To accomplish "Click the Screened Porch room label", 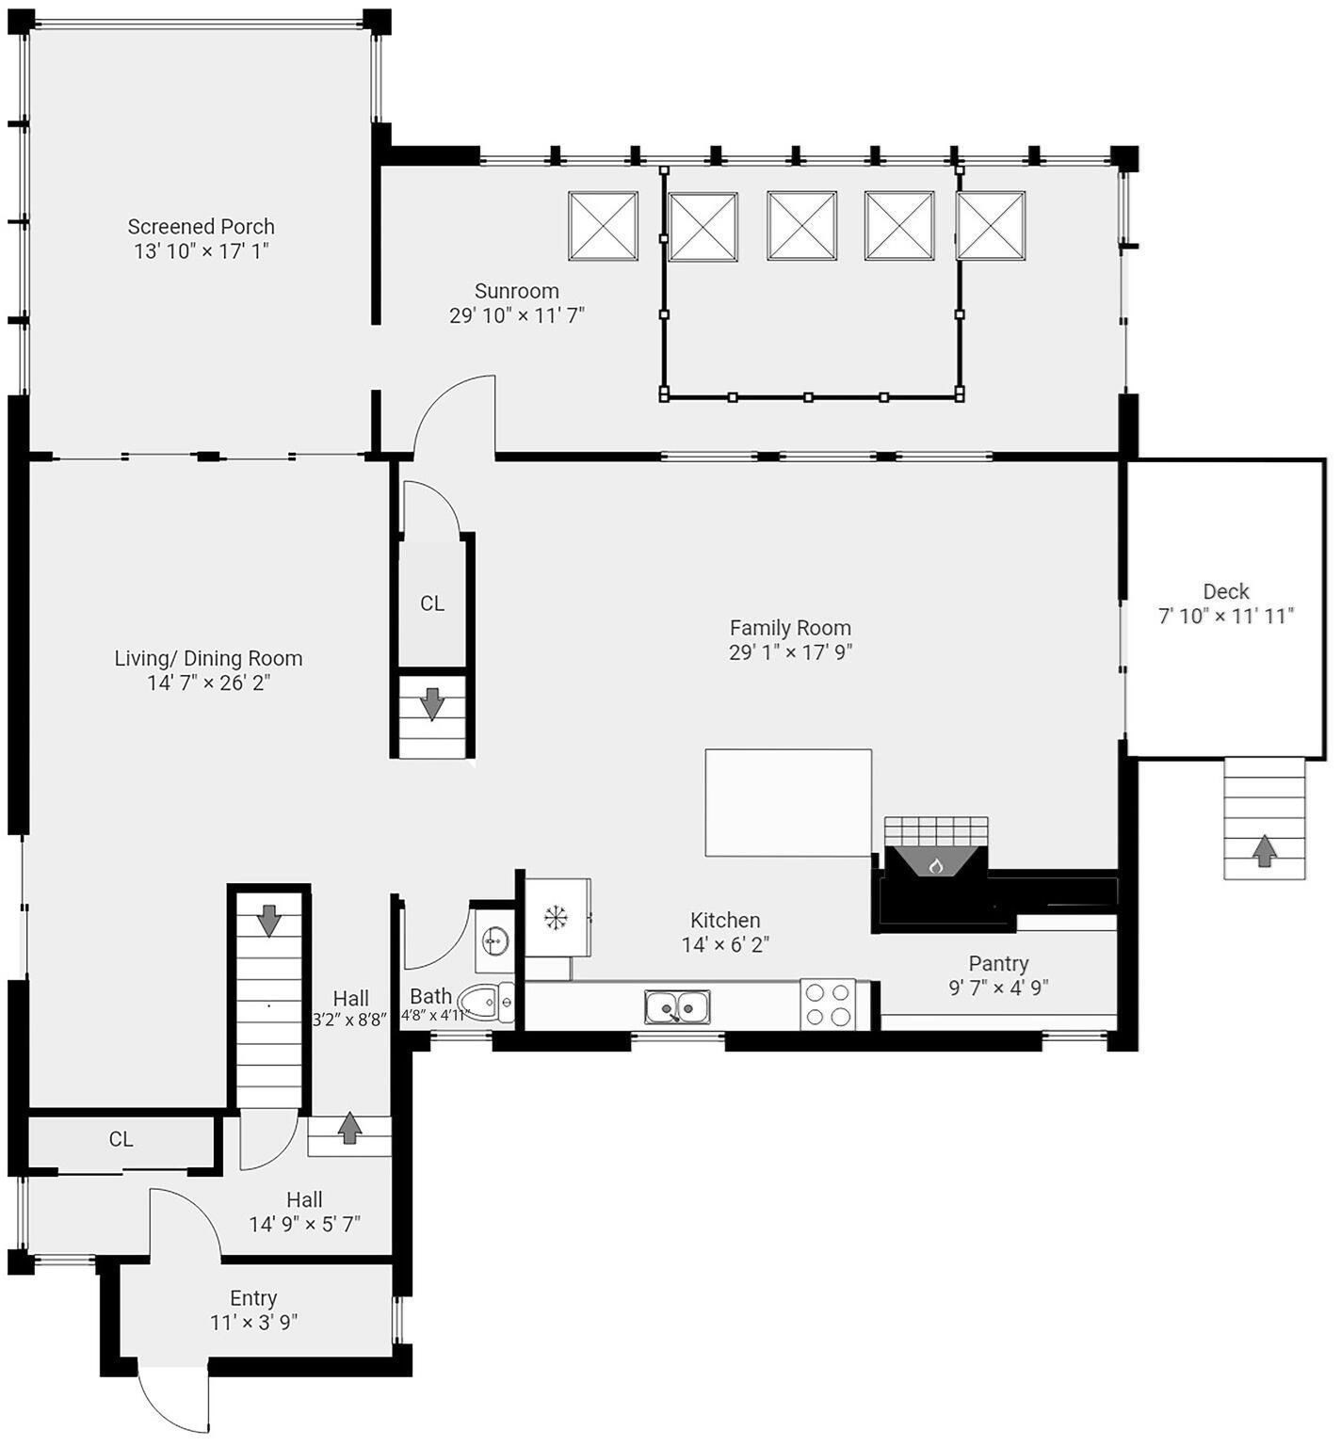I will (201, 227).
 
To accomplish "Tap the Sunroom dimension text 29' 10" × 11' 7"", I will (516, 315).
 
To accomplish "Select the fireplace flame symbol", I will (935, 864).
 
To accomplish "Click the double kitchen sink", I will (677, 1007).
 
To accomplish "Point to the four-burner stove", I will (828, 1004).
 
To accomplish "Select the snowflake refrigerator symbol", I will (556, 917).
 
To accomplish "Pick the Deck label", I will (1225, 591).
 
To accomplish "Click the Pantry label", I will (998, 963).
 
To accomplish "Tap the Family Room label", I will (789, 628).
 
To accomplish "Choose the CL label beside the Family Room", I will (432, 603).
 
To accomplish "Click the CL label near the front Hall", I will (121, 1139).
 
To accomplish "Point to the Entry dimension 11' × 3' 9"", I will (253, 1323).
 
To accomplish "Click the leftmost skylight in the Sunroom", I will (603, 226).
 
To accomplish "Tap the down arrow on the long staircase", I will (269, 920).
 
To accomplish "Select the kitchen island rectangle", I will (788, 803).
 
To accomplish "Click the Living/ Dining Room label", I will (208, 658).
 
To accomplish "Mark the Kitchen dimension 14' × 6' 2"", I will (725, 944).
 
